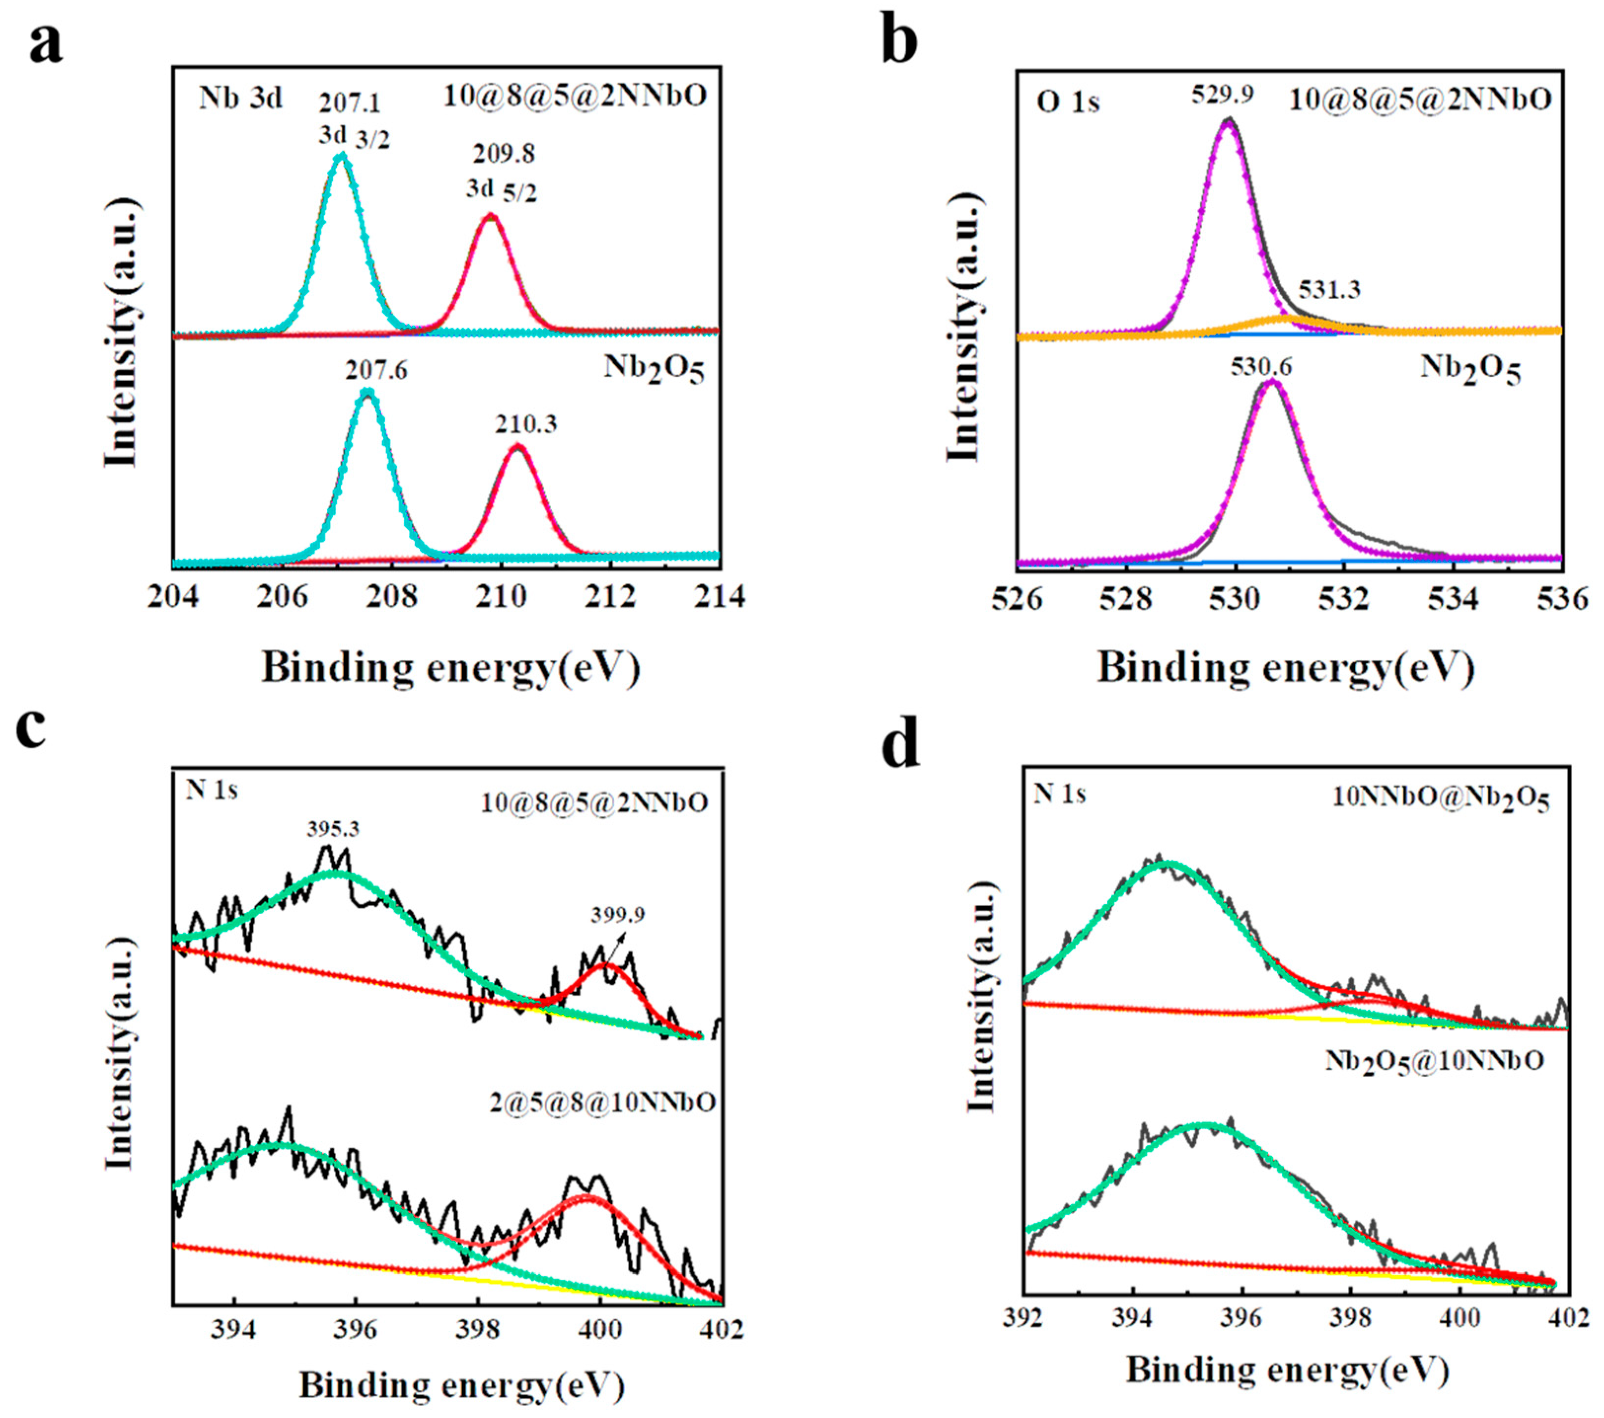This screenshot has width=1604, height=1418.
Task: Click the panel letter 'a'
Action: (x=45, y=45)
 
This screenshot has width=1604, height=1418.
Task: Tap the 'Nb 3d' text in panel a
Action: (x=239, y=99)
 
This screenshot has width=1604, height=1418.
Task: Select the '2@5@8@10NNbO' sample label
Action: (x=602, y=1102)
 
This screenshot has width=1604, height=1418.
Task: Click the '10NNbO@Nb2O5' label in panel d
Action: (x=1441, y=800)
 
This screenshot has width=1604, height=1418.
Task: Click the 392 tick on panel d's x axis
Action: (x=1023, y=1317)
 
